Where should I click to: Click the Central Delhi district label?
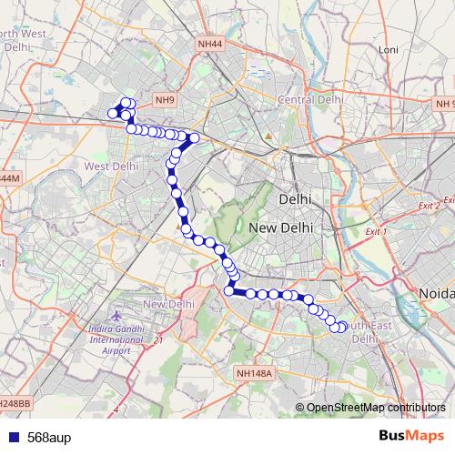(309, 98)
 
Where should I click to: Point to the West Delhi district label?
(111, 167)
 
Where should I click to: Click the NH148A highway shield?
(254, 373)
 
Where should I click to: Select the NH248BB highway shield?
(13, 402)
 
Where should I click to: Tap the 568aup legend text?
(49, 437)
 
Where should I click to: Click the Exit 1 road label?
(374, 233)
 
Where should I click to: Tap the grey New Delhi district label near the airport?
(169, 304)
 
